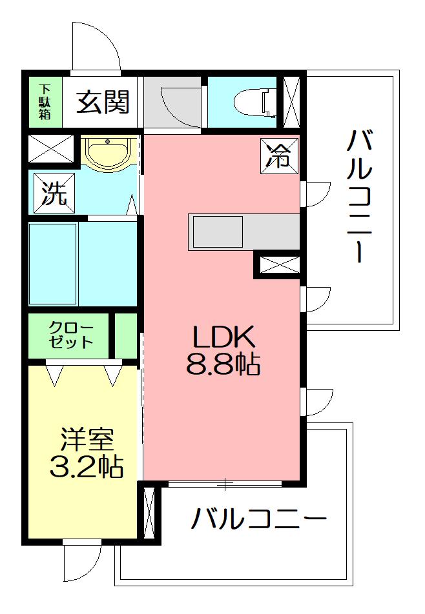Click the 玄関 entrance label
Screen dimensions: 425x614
(x=103, y=102)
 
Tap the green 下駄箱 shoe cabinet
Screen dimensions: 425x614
(x=45, y=102)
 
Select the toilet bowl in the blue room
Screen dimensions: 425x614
(x=256, y=103)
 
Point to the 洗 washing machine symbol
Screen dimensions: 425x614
(x=54, y=193)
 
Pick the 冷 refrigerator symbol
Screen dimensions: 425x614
(x=279, y=155)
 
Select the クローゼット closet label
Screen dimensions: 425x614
(x=71, y=335)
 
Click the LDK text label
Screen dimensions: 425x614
(x=223, y=337)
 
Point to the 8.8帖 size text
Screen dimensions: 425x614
(x=223, y=364)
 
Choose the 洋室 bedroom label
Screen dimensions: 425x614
(x=87, y=440)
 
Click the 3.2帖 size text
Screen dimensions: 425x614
(x=87, y=466)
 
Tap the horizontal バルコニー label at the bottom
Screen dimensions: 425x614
(x=258, y=518)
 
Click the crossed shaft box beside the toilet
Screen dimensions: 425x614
(x=291, y=102)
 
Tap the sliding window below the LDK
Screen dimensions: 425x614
(x=225, y=484)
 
